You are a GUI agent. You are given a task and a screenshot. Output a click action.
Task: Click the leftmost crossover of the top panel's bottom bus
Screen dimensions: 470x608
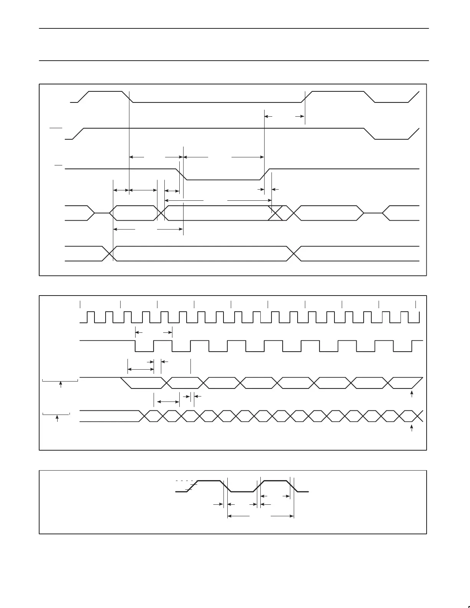click(x=109, y=253)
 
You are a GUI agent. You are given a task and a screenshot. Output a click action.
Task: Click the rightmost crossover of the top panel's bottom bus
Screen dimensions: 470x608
click(x=294, y=253)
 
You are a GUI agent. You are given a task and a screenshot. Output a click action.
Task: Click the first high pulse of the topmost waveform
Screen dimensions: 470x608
click(x=106, y=92)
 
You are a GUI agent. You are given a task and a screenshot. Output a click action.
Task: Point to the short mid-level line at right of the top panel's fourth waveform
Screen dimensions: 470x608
click(x=373, y=213)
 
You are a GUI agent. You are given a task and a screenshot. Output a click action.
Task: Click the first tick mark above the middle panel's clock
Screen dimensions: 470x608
click(x=80, y=304)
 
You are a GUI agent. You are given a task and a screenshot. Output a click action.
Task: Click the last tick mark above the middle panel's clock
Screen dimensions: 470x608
click(x=416, y=304)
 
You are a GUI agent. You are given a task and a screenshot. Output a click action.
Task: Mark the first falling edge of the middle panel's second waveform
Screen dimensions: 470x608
click(x=135, y=346)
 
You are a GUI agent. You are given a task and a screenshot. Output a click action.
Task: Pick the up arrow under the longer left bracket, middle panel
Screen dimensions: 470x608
click(x=61, y=385)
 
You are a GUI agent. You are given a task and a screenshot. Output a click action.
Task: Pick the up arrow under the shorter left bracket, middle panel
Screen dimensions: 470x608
click(x=57, y=418)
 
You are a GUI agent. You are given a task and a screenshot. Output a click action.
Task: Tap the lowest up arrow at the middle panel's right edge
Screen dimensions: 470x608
click(x=412, y=428)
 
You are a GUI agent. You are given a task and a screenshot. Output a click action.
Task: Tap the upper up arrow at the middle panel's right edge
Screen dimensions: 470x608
click(x=412, y=394)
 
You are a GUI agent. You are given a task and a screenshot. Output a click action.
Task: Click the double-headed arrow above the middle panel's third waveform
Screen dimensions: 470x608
click(x=141, y=369)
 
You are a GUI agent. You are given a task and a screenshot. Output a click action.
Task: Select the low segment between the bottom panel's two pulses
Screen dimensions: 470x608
click(x=242, y=491)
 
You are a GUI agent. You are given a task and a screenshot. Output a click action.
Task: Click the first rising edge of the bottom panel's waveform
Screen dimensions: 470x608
click(x=192, y=486)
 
